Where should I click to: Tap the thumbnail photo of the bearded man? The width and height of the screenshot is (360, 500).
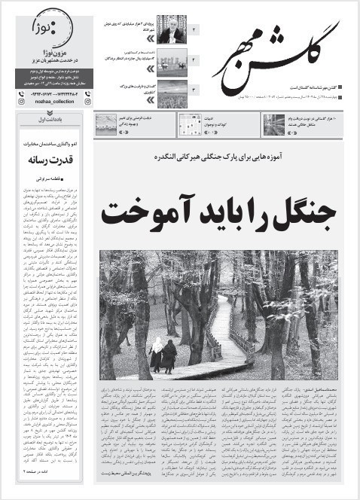tap(171, 29)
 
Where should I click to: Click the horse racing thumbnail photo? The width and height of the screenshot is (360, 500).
tap(171, 58)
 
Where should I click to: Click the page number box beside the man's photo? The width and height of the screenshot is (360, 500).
tap(194, 29)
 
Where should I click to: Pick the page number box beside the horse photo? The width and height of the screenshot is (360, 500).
tap(194, 58)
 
